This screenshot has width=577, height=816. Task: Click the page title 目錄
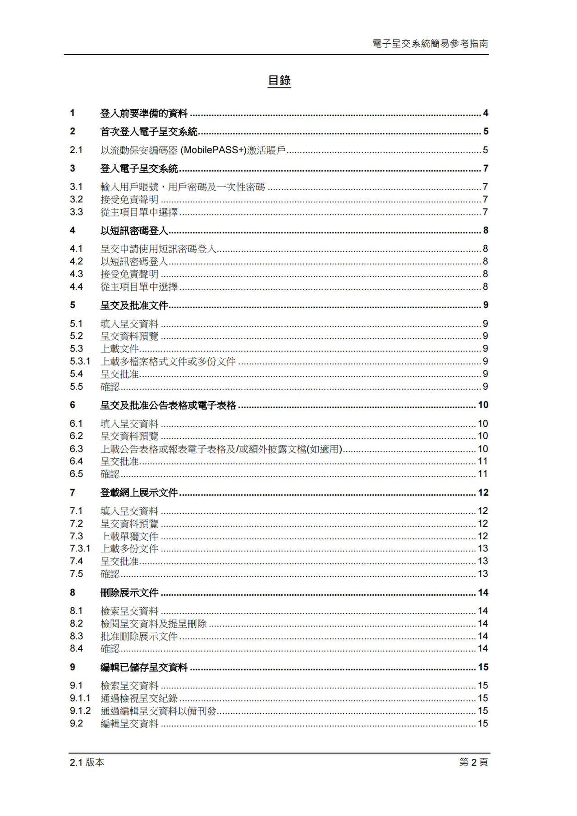279,81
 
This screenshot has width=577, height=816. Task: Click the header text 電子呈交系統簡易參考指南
430,44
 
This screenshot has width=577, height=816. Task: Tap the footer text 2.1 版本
87,762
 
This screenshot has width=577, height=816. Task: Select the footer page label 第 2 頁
473,762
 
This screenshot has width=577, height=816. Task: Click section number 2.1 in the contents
76,150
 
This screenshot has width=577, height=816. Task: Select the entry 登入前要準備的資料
144,113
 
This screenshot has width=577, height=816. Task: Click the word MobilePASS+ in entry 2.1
213,150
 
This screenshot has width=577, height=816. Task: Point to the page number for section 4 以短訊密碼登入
485,230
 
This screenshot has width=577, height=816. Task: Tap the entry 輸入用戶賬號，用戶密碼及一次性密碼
183,187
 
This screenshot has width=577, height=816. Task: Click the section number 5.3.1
80,361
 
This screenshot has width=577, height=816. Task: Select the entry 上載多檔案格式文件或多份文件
168,361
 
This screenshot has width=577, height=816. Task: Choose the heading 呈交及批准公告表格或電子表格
168,405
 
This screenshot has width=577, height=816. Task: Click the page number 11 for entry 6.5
483,474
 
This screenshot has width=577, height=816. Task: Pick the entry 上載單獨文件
129,536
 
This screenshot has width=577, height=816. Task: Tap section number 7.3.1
80,548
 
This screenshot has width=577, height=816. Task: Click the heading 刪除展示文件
129,593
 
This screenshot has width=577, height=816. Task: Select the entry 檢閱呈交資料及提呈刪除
153,624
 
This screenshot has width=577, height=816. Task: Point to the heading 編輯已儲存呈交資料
144,667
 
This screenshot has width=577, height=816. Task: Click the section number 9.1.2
80,711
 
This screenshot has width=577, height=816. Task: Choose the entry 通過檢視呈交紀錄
139,698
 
